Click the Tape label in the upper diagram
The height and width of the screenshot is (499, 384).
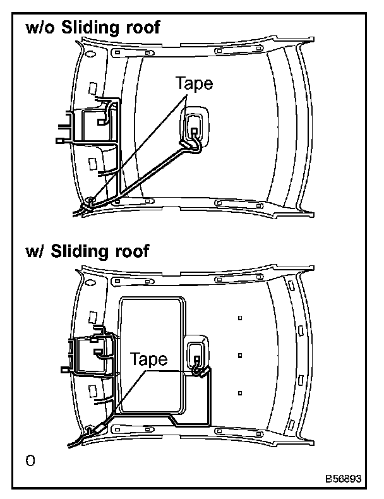pos(195,84)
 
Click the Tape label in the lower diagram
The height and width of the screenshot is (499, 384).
pos(149,359)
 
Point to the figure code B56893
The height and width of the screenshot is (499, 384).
pos(344,478)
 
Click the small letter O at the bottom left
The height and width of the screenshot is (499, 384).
pos(30,460)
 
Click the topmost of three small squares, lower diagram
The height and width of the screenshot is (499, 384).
pos(240,318)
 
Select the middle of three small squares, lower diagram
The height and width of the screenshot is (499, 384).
pos(240,356)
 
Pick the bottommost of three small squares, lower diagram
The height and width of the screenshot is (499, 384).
pos(240,393)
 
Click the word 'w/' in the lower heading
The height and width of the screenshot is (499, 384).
pos(33,251)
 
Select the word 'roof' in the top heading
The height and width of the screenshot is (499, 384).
pos(143,28)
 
